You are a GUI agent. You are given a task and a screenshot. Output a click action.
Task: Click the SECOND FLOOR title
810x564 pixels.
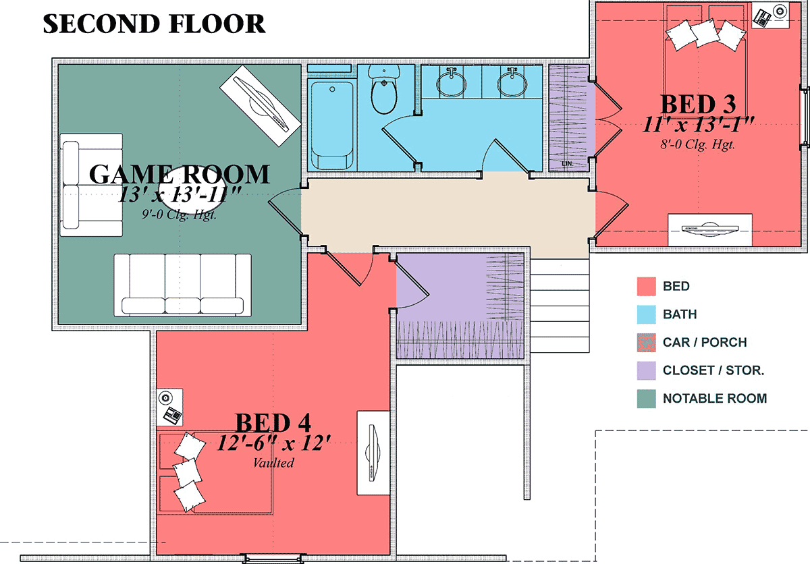[155, 24]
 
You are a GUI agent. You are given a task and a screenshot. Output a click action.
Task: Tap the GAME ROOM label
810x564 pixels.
[180, 174]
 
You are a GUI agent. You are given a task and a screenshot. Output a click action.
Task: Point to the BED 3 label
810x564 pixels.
[698, 105]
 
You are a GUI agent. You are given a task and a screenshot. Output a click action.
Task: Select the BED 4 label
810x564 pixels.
[273, 422]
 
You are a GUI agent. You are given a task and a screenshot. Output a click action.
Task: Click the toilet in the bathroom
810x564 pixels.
[384, 89]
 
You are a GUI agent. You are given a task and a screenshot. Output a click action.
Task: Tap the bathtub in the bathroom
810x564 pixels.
[332, 125]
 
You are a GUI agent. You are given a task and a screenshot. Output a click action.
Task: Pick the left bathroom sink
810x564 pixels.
[451, 82]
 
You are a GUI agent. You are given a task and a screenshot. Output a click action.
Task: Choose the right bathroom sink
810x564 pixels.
[512, 82]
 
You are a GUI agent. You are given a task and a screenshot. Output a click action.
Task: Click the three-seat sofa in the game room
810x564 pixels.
[183, 285]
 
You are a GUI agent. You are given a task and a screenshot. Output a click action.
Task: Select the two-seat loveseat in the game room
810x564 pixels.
[91, 185]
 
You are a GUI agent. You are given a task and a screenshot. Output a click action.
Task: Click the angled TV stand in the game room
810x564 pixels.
[261, 105]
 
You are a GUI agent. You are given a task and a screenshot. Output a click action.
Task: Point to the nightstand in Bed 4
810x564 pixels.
[169, 407]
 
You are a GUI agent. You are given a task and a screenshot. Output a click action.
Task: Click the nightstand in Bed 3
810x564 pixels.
[770, 15]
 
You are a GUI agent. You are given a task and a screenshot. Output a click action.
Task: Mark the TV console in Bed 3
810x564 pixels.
[710, 230]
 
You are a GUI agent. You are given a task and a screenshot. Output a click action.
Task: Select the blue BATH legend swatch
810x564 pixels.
[646, 314]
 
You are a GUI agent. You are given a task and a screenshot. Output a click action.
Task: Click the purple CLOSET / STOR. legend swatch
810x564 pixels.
[646, 370]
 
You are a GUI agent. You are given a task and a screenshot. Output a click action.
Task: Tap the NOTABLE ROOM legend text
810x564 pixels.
[715, 399]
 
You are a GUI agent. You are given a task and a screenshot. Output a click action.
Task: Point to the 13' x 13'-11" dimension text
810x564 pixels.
[180, 196]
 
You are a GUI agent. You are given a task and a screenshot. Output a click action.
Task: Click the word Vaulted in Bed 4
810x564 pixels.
[274, 463]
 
